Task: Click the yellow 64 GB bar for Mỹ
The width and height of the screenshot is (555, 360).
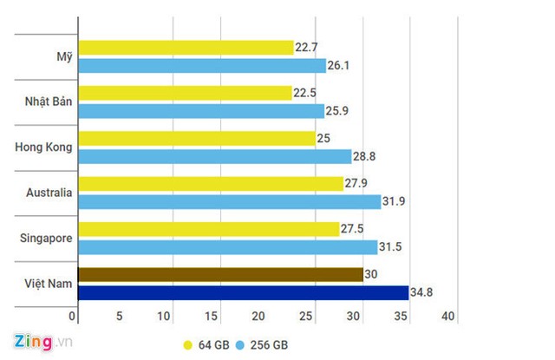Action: pos(186,48)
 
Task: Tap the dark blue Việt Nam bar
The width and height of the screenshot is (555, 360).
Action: pos(243,293)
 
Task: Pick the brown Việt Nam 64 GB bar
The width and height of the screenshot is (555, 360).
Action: pos(220,275)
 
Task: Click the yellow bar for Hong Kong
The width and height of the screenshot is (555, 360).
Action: pos(197,138)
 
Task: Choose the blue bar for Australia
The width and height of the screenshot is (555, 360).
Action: pos(229,202)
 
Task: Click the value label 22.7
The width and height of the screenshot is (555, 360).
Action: pos(307,48)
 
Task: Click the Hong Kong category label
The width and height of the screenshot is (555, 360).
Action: pos(43,147)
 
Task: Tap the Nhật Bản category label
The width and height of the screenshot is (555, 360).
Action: pos(48,102)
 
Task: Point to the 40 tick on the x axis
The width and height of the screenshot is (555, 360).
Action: pos(448,317)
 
